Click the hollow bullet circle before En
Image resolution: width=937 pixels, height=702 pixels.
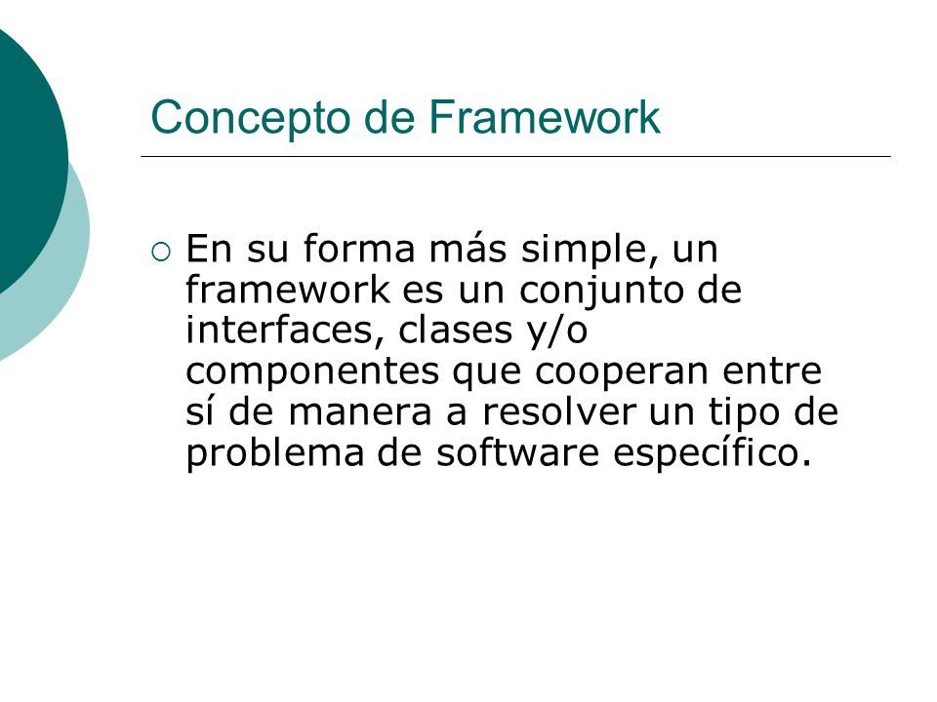coord(161,252)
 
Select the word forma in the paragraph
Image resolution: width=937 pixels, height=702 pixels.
coord(358,249)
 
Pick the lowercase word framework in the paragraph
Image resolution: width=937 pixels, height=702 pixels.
coord(287,290)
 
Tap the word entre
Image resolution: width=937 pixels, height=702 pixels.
coord(772,370)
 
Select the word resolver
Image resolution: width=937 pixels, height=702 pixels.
coord(558,411)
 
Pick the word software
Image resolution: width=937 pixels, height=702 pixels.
coord(517,451)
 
